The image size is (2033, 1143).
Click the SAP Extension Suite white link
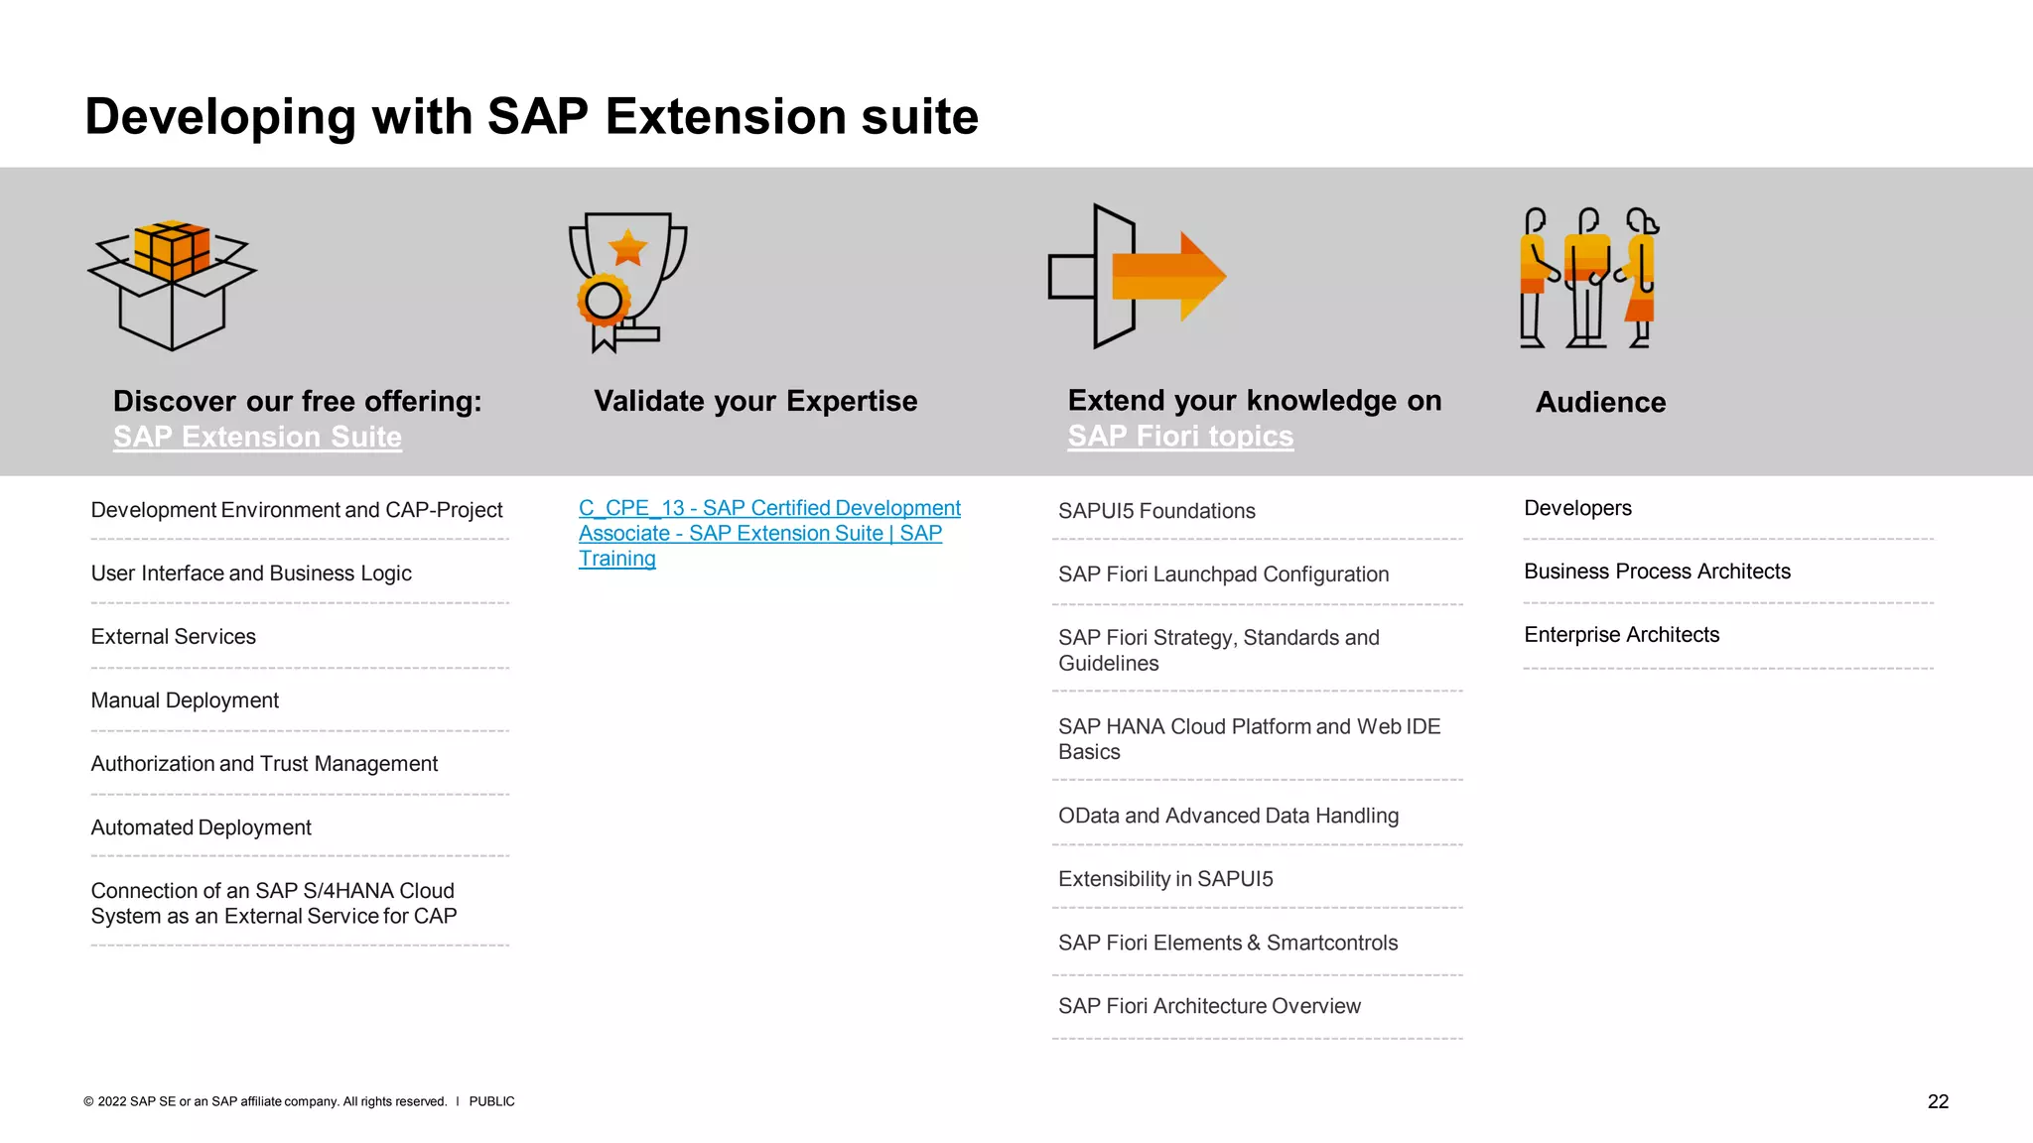pyautogui.click(x=257, y=437)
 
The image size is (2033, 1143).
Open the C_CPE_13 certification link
pyautogui.click(x=768, y=533)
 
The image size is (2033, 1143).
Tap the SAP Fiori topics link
pyautogui.click(x=1180, y=436)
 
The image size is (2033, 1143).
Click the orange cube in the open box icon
pyautogui.click(x=172, y=249)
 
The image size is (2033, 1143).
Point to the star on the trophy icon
pyautogui.click(x=627, y=248)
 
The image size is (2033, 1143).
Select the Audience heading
pyautogui.click(x=1600, y=402)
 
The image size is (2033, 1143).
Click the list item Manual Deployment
pyautogui.click(x=185, y=700)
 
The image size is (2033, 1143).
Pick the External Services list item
pyautogui.click(x=174, y=637)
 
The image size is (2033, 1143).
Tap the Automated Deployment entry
pyautogui.click(x=201, y=827)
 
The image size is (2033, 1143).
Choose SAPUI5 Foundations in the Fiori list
pyautogui.click(x=1156, y=511)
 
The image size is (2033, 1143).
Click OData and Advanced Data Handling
pyautogui.click(x=1228, y=816)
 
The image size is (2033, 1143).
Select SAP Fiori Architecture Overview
pyautogui.click(x=1209, y=1006)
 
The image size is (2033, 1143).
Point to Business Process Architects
pyautogui.click(x=1657, y=571)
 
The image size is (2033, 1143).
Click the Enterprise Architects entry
pyautogui.click(x=1621, y=635)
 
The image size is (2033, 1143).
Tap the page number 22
pyautogui.click(x=1938, y=1101)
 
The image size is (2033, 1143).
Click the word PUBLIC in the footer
pyautogui.click(x=491, y=1101)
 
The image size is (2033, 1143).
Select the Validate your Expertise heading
pyautogui.click(x=755, y=401)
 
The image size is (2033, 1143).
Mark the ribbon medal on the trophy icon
pyautogui.click(x=604, y=303)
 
